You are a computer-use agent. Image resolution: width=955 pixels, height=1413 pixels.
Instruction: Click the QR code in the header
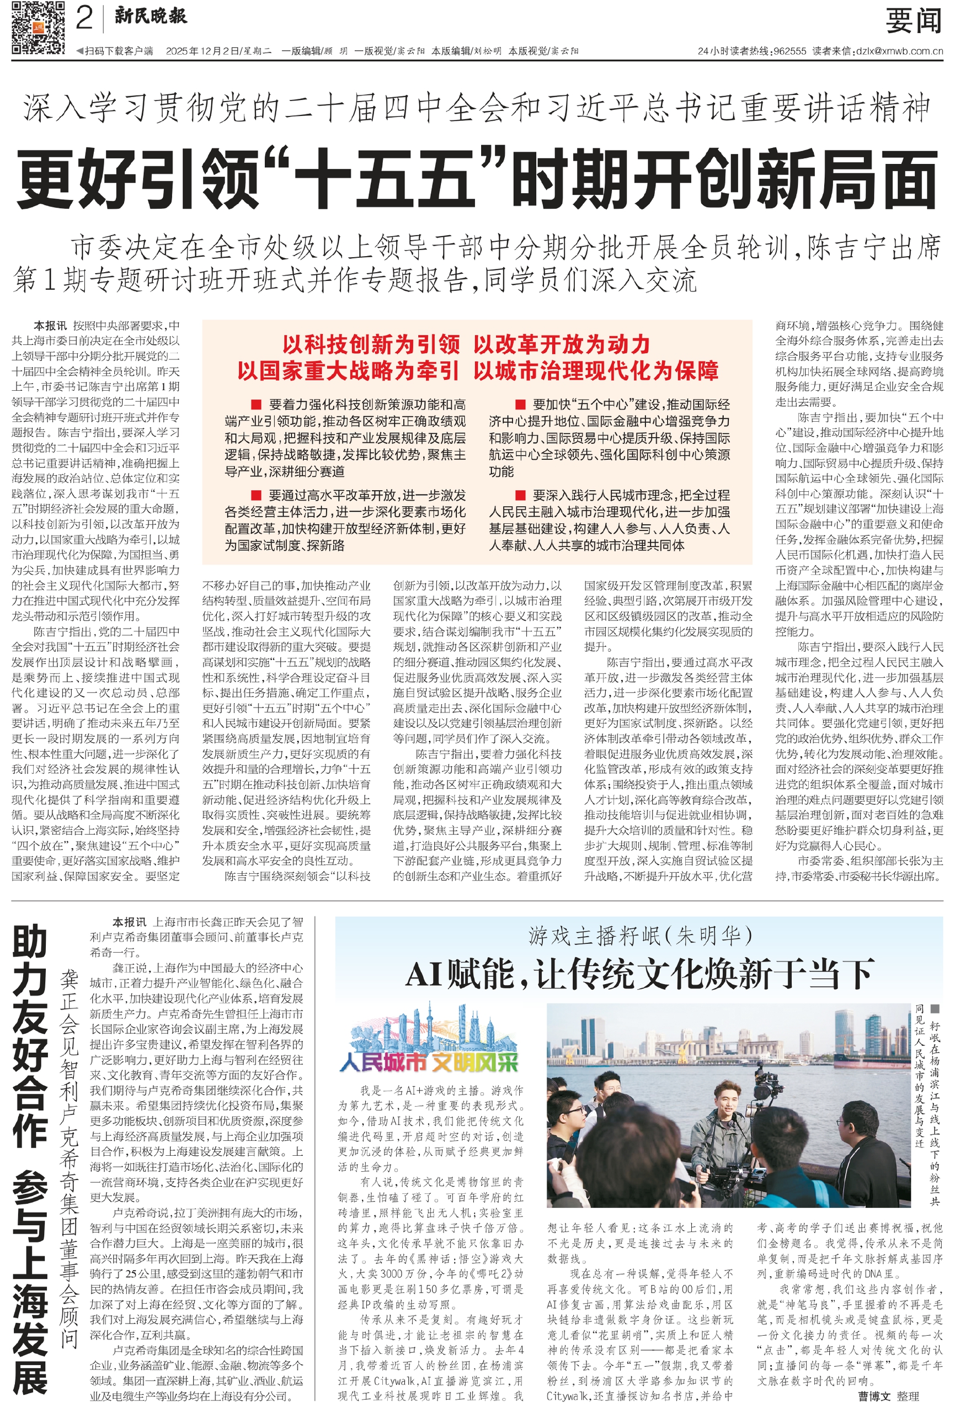[38, 28]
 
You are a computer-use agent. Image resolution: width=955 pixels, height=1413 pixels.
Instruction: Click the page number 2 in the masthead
[84, 18]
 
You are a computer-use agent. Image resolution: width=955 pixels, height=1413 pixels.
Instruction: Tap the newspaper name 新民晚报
[151, 17]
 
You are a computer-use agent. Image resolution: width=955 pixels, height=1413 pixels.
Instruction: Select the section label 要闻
[913, 22]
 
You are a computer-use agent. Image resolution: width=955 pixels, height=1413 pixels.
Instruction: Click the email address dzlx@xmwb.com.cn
[899, 52]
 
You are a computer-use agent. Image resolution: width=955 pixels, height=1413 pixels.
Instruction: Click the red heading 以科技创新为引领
[371, 345]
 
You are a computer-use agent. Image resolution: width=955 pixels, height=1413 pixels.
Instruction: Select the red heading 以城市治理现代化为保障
[596, 371]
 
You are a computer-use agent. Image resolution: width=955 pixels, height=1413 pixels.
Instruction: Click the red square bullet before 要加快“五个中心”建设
[520, 405]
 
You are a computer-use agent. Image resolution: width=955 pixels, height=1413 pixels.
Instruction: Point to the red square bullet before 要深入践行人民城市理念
[520, 495]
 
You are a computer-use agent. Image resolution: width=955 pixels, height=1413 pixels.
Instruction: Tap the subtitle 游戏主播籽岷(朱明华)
[639, 935]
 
